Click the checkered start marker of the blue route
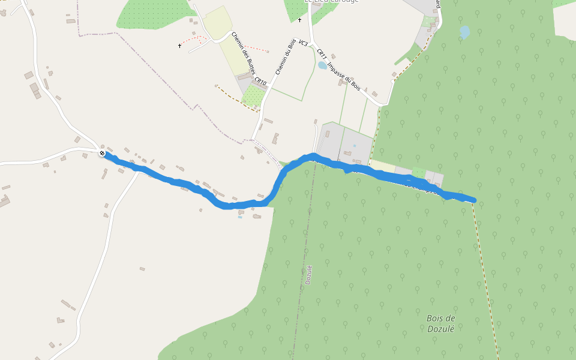coord(102,154)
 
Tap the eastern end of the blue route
coord(474,200)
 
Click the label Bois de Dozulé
coord(441,323)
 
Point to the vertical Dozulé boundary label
coord(309,274)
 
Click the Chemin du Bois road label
coord(286,57)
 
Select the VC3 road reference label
coord(303,43)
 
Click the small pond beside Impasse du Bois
coord(322,65)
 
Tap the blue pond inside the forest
coord(464,31)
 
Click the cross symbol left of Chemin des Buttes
coord(179,46)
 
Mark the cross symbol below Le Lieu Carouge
coord(299,20)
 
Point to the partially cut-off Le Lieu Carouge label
coord(331,1)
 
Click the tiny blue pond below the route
coord(239,217)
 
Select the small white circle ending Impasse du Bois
coord(392,81)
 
